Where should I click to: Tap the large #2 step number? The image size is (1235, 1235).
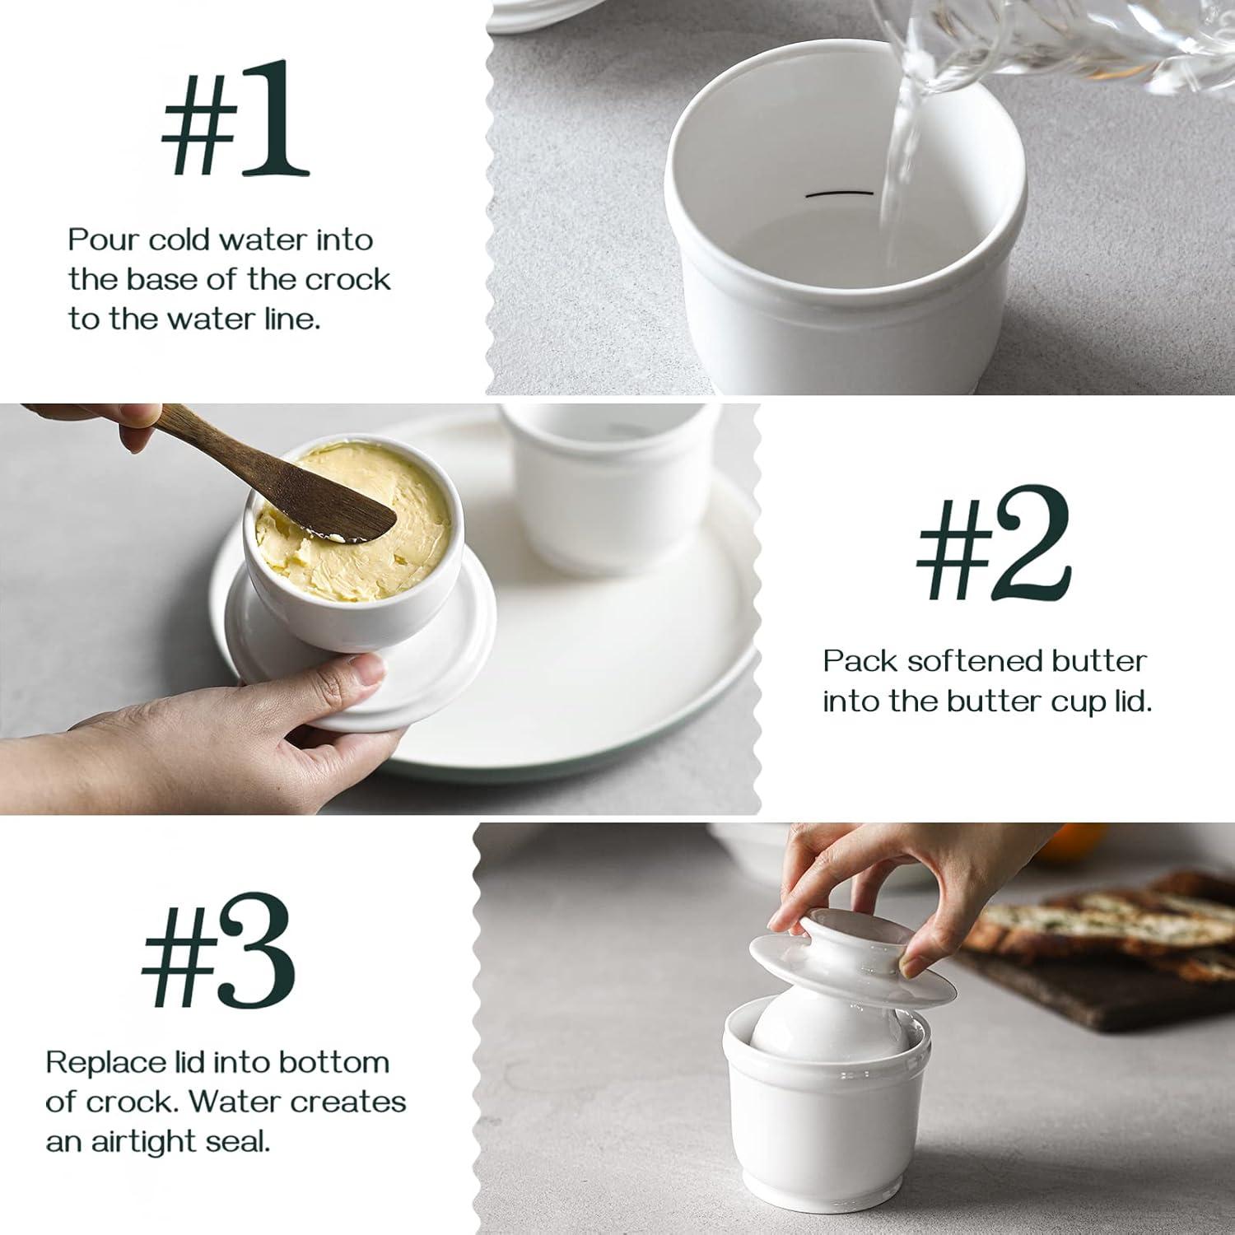994,544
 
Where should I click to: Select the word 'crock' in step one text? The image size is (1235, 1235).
348,280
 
